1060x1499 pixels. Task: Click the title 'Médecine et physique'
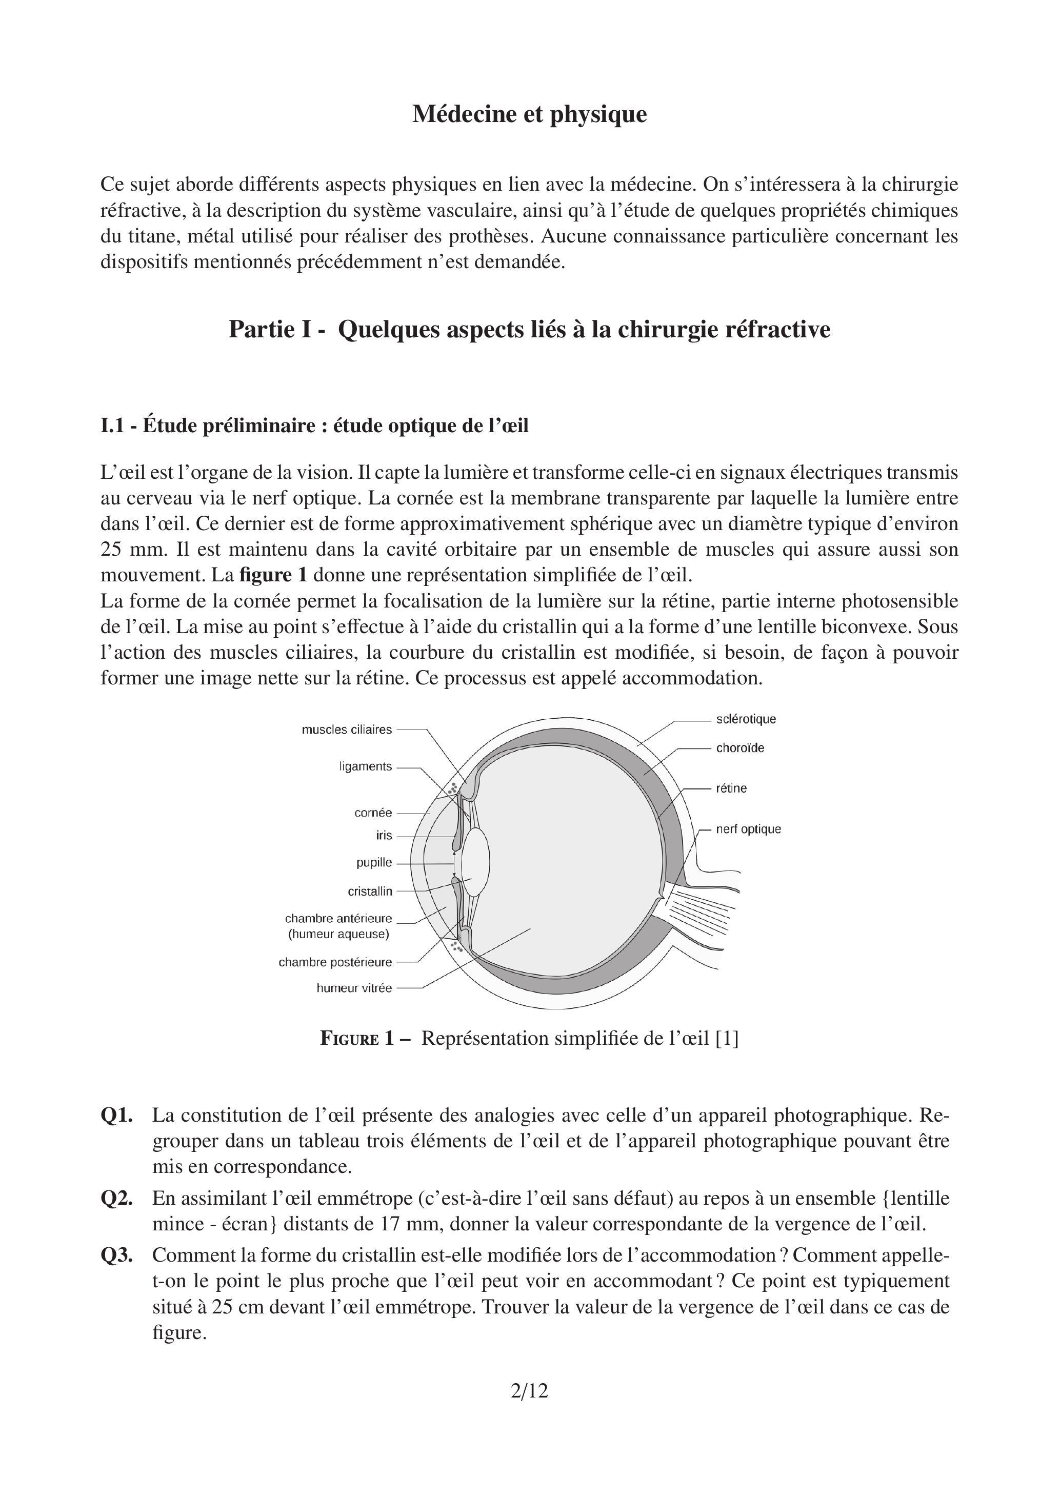529,114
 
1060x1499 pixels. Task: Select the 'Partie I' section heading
529,329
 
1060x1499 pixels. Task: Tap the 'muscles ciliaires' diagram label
346,730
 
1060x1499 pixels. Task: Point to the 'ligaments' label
365,766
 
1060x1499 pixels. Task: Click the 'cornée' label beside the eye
373,813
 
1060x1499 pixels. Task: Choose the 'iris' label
384,836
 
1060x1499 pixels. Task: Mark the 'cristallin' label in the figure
370,891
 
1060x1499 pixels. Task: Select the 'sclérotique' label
746,719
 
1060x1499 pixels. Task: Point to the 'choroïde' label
740,748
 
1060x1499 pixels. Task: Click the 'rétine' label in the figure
731,788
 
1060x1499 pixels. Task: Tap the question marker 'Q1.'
117,1116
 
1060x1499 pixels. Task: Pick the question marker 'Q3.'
117,1255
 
